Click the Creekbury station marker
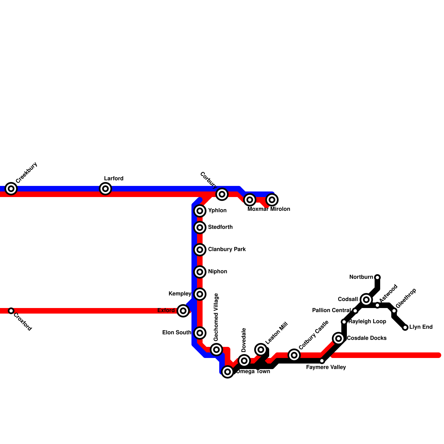click(x=11, y=189)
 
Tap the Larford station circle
click(x=105, y=189)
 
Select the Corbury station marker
click(x=222, y=194)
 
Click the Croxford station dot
click(x=11, y=311)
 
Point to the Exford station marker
click(x=183, y=311)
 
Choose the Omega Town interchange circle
click(x=228, y=372)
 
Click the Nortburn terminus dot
click(x=377, y=277)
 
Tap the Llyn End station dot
click(x=405, y=327)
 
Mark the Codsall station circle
click(x=366, y=300)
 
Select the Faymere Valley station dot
click(x=322, y=361)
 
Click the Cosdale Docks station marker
click(x=339, y=339)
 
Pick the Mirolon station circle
click(x=272, y=200)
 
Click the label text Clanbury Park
click(x=227, y=249)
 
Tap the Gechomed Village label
click(x=216, y=317)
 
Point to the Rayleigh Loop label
click(x=367, y=321)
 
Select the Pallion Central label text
click(x=331, y=310)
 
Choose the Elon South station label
click(x=177, y=332)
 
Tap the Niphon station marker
click(x=200, y=272)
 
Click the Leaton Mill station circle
click(x=261, y=350)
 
